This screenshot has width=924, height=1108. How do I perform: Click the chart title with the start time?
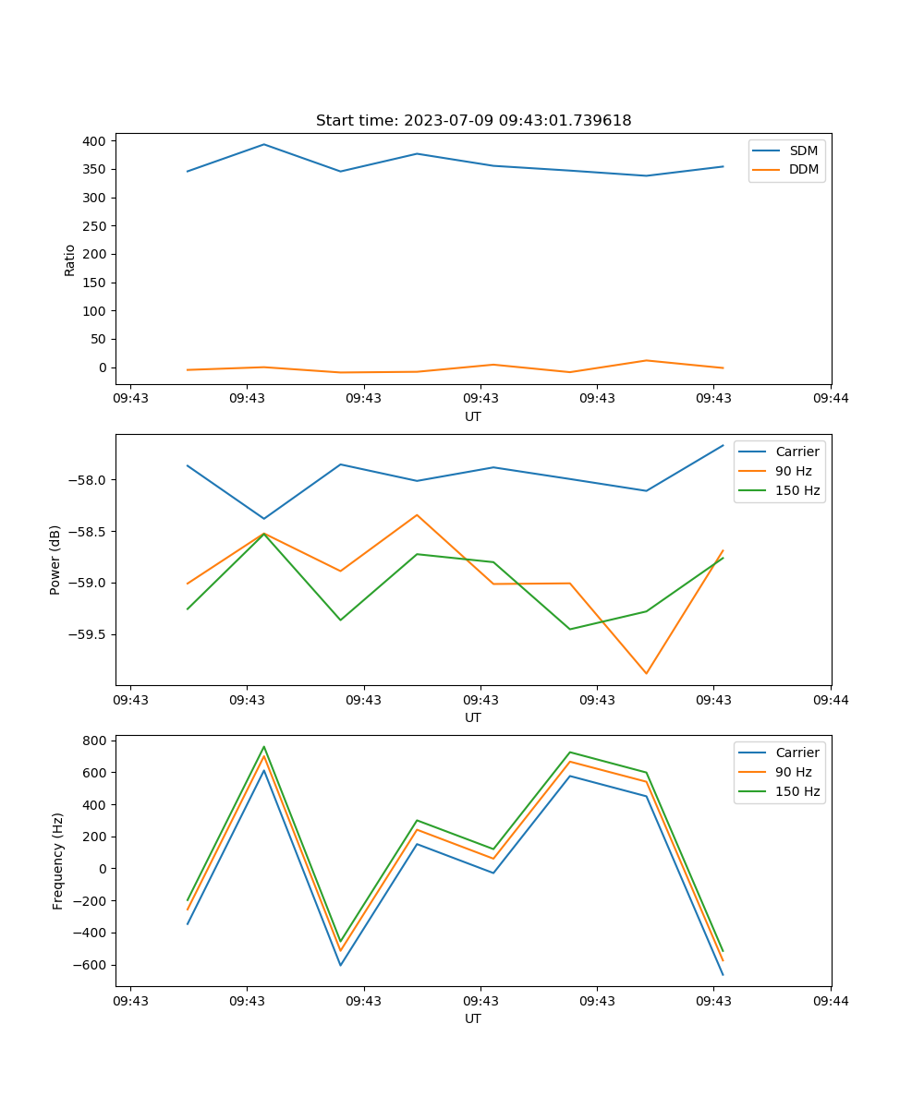473,121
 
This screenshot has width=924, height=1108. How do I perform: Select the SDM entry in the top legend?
803,151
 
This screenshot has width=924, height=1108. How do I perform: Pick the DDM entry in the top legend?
803,169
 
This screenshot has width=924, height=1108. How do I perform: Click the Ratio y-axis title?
70,259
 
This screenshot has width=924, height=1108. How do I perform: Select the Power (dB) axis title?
55,560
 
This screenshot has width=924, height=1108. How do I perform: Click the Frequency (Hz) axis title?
58,861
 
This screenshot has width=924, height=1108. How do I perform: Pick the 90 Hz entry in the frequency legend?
793,772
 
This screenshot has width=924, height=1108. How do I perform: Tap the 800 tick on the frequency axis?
95,741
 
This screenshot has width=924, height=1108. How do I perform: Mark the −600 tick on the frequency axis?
91,965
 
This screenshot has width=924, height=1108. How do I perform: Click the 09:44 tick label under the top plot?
831,399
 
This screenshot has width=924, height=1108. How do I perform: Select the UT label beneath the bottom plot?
473,1018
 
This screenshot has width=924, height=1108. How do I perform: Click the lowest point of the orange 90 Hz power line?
646,673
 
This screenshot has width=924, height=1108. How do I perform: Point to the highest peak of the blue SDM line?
264,144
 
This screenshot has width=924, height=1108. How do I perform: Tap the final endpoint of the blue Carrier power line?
723,445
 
